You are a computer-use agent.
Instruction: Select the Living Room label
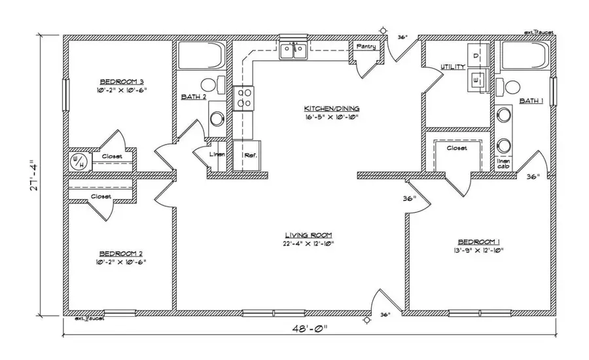click(309, 235)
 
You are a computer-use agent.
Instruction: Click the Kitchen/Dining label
click(332, 108)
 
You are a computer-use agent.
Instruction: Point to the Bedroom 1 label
click(479, 241)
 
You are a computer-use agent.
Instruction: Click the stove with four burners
click(244, 98)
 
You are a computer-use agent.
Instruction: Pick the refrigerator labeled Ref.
click(250, 156)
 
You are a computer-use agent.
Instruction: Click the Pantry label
click(365, 47)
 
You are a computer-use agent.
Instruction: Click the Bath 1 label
click(531, 101)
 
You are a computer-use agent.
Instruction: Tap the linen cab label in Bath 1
click(504, 164)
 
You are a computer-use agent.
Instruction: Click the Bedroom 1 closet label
click(457, 149)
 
